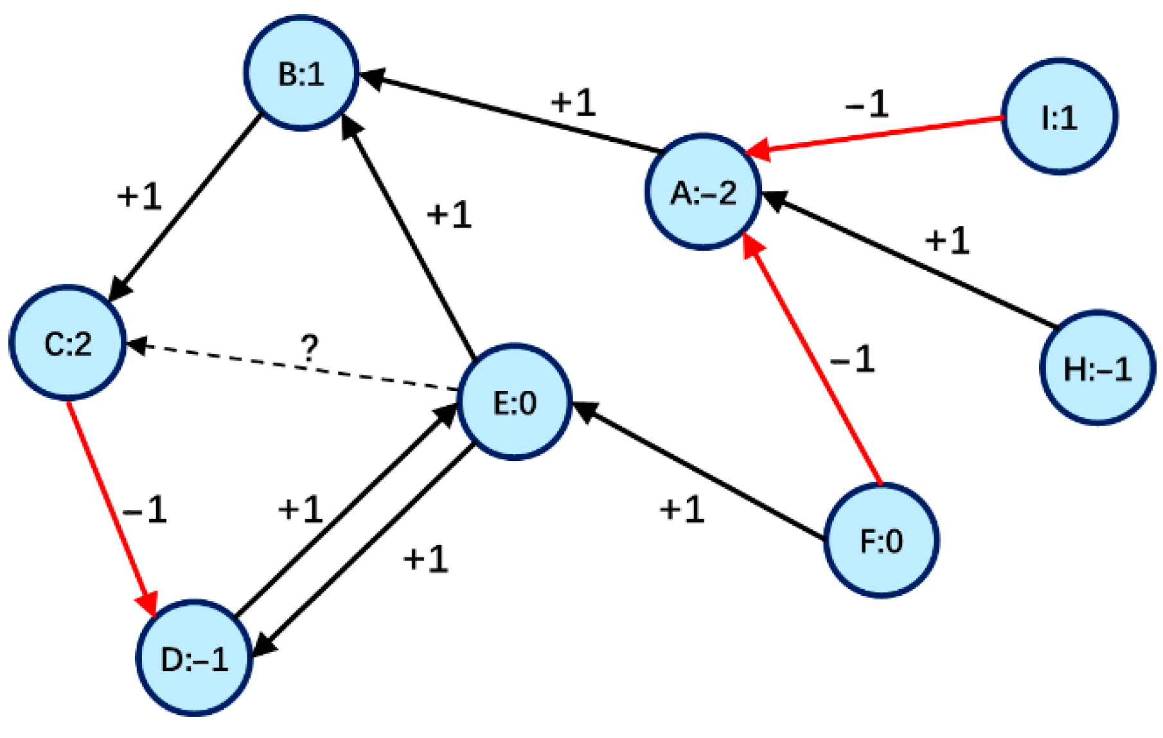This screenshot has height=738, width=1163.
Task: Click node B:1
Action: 301,73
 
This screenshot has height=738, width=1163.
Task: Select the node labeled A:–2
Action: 703,192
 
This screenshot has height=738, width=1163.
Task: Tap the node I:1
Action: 1059,116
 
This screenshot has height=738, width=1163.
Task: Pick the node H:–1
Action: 1097,368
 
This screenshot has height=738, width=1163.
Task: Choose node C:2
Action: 67,343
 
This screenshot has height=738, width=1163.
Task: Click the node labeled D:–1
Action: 194,658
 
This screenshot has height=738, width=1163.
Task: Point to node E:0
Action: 514,402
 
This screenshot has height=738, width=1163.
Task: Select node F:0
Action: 881,541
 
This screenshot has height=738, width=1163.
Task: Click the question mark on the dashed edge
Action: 309,348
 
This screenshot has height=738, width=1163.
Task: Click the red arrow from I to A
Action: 874,135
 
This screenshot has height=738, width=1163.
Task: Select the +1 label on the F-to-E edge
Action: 682,509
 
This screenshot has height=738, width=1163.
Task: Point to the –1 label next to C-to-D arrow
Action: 145,510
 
